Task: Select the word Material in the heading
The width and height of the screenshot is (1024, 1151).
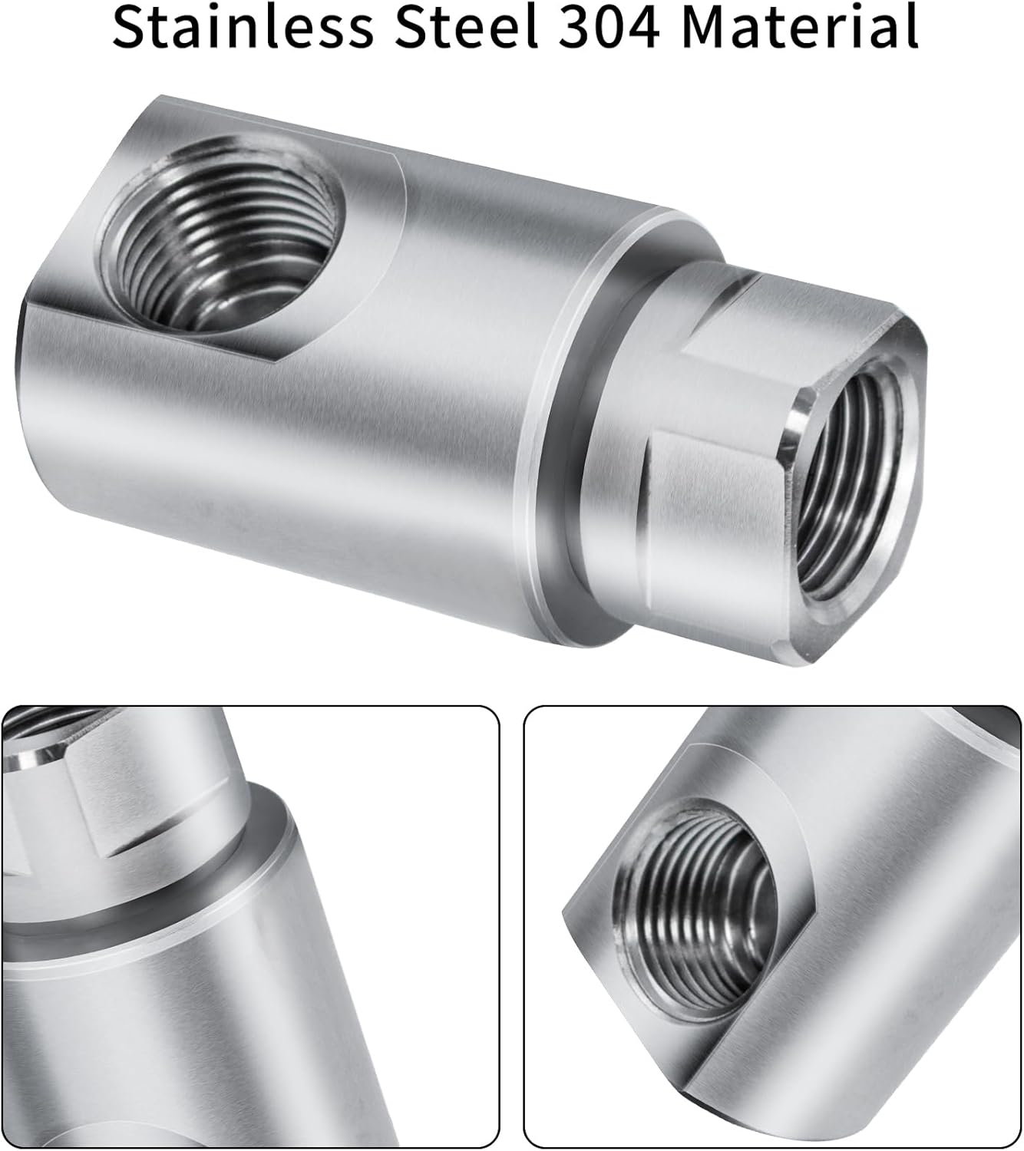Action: click(x=800, y=27)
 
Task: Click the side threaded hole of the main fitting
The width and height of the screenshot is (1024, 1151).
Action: click(x=223, y=234)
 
